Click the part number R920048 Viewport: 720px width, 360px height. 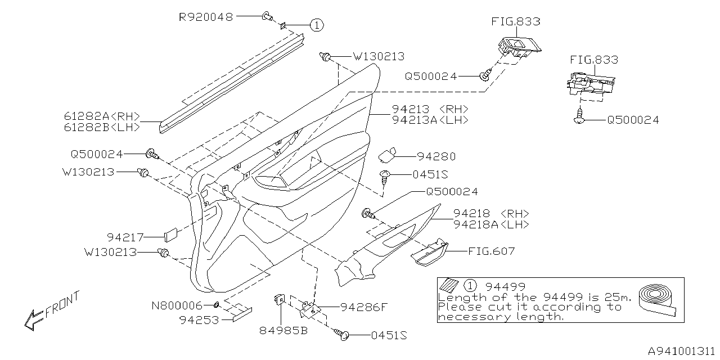(205, 17)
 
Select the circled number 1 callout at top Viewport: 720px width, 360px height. (317, 25)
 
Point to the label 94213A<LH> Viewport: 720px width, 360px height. (430, 120)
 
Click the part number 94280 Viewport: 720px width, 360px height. (436, 157)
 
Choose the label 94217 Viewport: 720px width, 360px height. (125, 237)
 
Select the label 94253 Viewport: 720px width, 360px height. (199, 320)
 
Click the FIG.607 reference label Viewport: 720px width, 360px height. (491, 251)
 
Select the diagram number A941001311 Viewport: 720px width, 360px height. (681, 351)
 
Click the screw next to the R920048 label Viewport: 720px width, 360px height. (268, 18)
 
